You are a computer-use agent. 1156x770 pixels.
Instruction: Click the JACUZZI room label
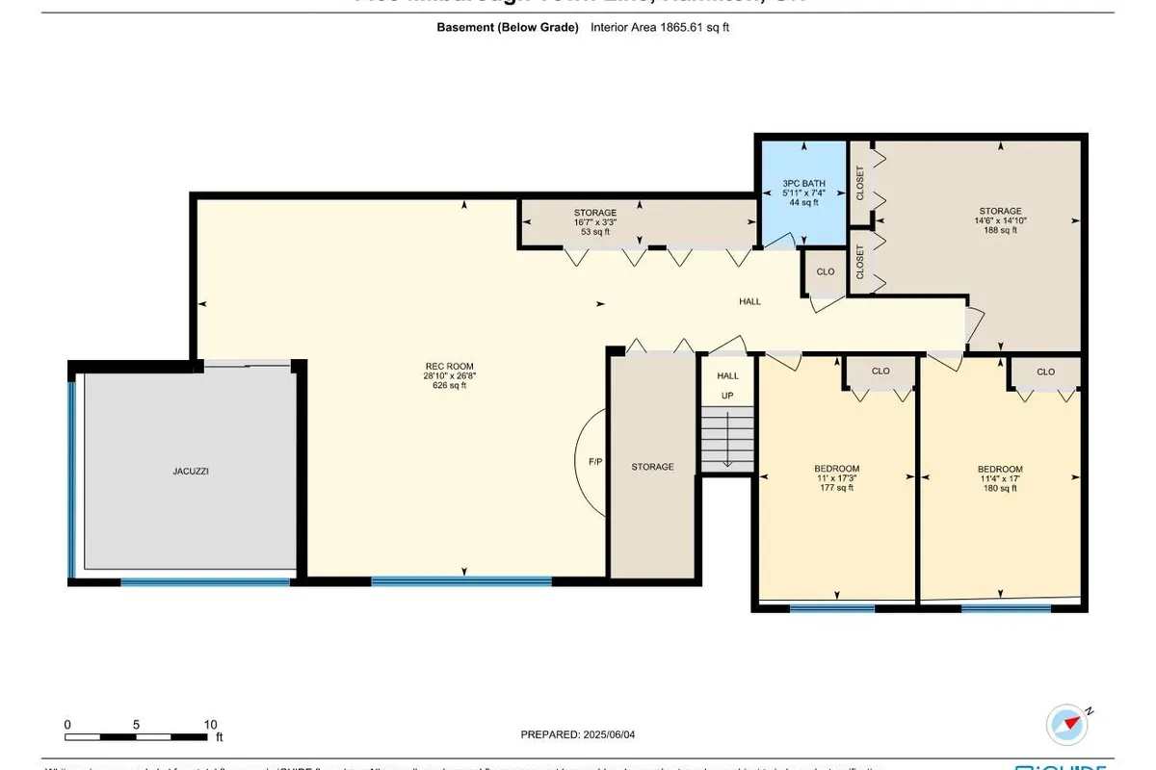point(191,472)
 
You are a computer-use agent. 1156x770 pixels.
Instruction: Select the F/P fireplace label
point(595,462)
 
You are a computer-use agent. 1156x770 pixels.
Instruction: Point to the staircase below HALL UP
point(727,439)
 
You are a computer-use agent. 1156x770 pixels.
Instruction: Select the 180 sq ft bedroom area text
point(1000,488)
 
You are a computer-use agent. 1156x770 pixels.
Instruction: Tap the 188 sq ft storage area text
point(1000,230)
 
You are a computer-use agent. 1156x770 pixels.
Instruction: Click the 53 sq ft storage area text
point(594,231)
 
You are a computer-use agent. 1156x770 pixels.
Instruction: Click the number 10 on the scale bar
point(210,724)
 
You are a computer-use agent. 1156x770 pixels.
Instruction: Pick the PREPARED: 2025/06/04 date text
point(578,734)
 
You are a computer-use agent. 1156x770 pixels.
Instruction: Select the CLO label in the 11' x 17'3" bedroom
point(880,372)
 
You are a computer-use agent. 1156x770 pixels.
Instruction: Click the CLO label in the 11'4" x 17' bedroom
point(1045,372)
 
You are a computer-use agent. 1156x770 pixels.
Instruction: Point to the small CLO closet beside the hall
point(826,272)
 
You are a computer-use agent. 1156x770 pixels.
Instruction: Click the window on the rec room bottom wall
point(461,580)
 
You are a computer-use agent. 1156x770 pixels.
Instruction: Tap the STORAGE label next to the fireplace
point(652,467)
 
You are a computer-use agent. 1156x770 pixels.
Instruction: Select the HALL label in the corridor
point(749,301)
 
